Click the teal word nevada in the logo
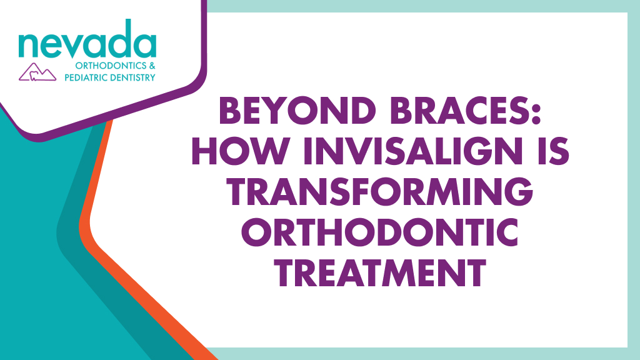(x=87, y=42)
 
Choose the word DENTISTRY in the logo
(x=133, y=77)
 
